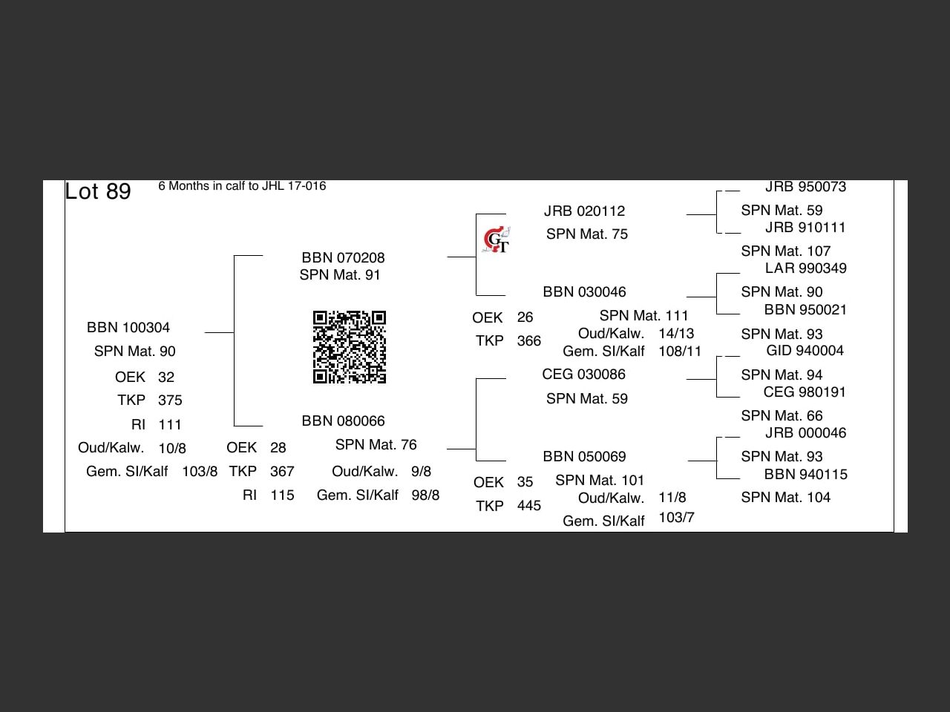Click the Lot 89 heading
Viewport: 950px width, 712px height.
pos(98,191)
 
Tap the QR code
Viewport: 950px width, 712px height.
pos(350,347)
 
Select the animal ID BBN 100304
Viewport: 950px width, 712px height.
pos(128,328)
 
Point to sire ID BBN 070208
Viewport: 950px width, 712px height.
pos(343,258)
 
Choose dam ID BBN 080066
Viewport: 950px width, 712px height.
pos(343,421)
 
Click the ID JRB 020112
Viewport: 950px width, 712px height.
pos(584,211)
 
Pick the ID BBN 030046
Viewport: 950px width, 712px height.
pos(584,292)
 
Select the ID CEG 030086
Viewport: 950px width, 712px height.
pos(583,375)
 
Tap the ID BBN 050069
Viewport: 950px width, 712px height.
pos(584,457)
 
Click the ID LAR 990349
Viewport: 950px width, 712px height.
pos(805,268)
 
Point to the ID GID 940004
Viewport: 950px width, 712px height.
pos(805,351)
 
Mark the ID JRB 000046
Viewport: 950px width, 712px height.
pos(805,433)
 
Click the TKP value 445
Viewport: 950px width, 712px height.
pos(529,506)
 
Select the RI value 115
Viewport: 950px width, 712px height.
pos(282,495)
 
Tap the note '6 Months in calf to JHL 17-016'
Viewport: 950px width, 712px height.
pos(242,186)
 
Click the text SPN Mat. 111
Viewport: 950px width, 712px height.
pos(643,316)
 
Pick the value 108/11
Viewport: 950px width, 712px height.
pos(680,352)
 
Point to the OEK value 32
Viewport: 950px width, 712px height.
pos(166,378)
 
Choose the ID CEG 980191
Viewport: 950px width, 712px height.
pos(805,392)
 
